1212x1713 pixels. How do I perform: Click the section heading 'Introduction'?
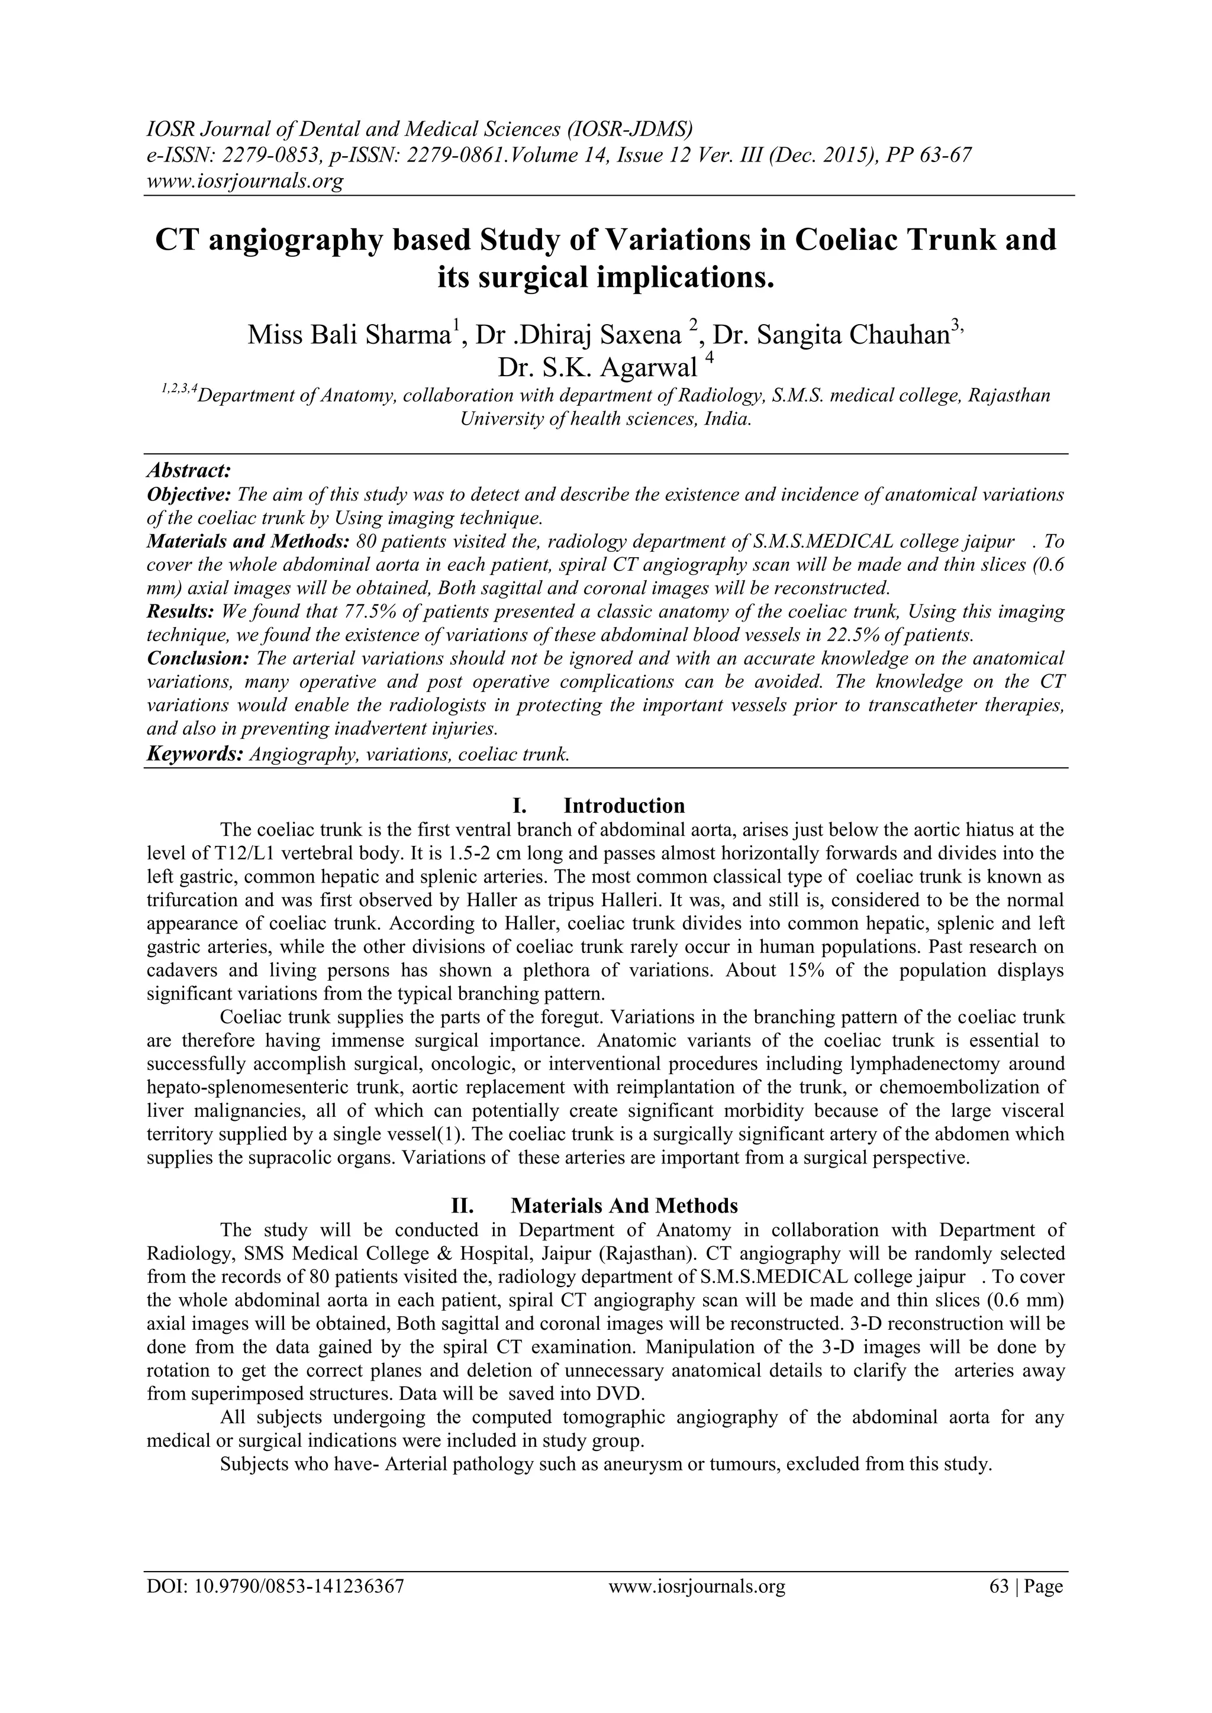[x=624, y=806]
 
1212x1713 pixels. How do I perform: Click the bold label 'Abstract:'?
[x=189, y=471]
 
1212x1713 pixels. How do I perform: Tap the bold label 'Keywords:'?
[x=195, y=754]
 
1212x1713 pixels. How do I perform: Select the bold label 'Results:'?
[x=180, y=612]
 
